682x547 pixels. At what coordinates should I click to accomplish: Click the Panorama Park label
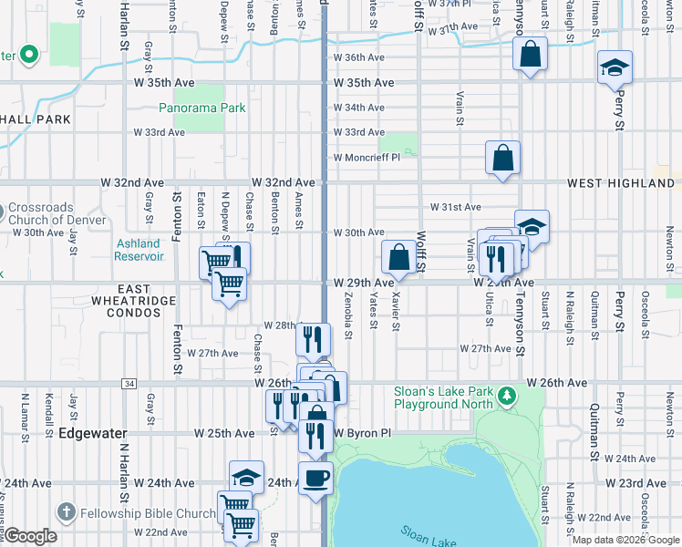[202, 108]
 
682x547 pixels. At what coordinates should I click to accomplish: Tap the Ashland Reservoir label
[138, 250]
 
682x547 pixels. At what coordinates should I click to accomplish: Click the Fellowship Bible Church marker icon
[65, 512]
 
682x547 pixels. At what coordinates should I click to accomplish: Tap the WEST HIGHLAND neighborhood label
[621, 183]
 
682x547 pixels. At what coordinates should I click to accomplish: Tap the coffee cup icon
[316, 477]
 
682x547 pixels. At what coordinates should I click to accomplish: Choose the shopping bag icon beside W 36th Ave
[530, 55]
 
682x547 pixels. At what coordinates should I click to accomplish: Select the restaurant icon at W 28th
[313, 339]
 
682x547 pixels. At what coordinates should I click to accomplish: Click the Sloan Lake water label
[428, 535]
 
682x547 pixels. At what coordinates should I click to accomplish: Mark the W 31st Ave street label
[455, 208]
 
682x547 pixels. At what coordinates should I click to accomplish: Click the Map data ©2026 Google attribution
[625, 540]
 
